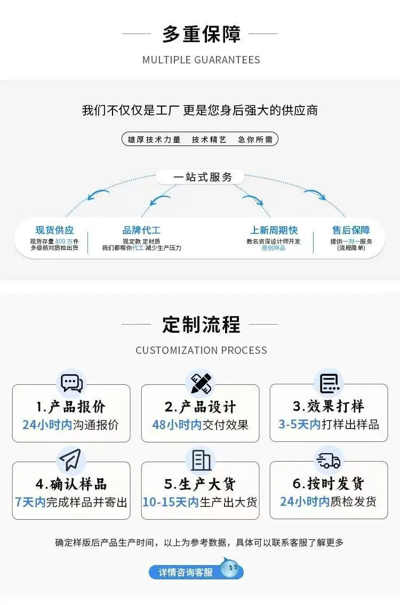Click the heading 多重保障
pyautogui.click(x=201, y=34)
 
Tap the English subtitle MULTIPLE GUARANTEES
pyautogui.click(x=201, y=60)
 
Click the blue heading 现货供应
pyautogui.click(x=54, y=230)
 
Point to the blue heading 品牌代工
pyautogui.click(x=141, y=230)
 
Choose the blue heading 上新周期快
pyautogui.click(x=274, y=230)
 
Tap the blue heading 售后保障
pyautogui.click(x=351, y=230)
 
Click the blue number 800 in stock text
pyautogui.click(x=61, y=241)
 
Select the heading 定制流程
pyautogui.click(x=201, y=324)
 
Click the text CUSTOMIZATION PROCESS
pyautogui.click(x=201, y=350)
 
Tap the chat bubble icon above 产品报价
pyautogui.click(x=72, y=383)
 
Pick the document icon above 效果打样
pyautogui.click(x=330, y=383)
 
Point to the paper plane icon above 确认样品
pyautogui.click(x=70, y=459)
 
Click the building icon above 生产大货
pyautogui.click(x=201, y=460)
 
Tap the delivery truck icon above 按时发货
pyautogui.click(x=329, y=460)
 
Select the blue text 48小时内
pyautogui.click(x=177, y=425)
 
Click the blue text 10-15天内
pyautogui.click(x=171, y=502)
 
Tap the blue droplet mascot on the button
pyautogui.click(x=231, y=568)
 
